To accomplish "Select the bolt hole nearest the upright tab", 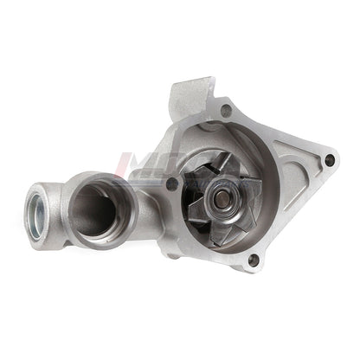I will [x=226, y=110].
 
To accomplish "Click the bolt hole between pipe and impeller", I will [x=171, y=183].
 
